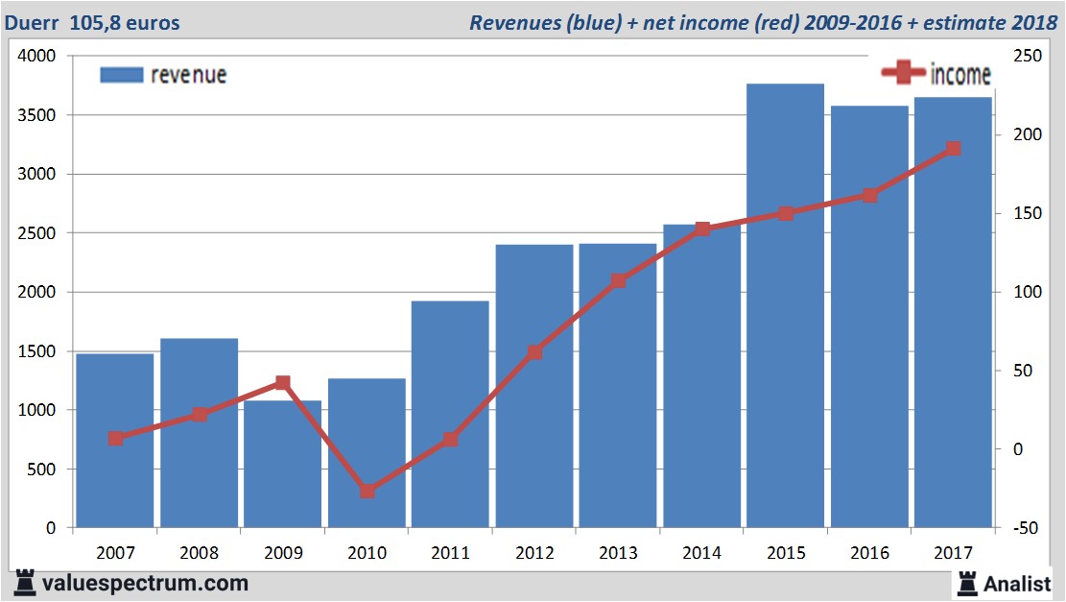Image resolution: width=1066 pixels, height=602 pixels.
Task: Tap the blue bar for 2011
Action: (x=450, y=414)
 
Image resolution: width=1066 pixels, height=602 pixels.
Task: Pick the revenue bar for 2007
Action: (x=115, y=441)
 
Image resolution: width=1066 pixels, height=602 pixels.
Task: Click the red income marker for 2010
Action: (x=367, y=491)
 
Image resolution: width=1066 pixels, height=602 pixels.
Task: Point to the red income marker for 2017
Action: (x=953, y=149)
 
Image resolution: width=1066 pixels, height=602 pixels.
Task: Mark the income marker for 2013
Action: (x=618, y=281)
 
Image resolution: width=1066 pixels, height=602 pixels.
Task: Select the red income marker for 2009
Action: (x=283, y=383)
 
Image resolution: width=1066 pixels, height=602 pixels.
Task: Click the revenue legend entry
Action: (x=164, y=75)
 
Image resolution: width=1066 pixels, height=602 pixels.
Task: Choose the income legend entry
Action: (x=936, y=73)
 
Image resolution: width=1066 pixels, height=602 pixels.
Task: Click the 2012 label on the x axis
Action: (x=534, y=553)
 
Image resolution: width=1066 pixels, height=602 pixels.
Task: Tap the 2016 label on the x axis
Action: (x=869, y=553)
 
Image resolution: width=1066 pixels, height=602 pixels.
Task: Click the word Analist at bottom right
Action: (x=1016, y=583)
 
